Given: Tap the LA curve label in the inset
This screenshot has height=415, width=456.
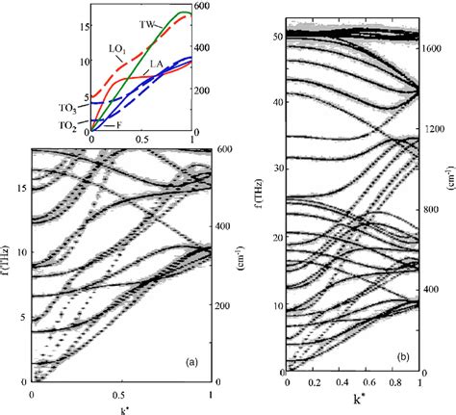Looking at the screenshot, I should [x=155, y=63].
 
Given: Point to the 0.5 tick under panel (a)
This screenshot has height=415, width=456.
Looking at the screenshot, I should [x=120, y=395].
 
